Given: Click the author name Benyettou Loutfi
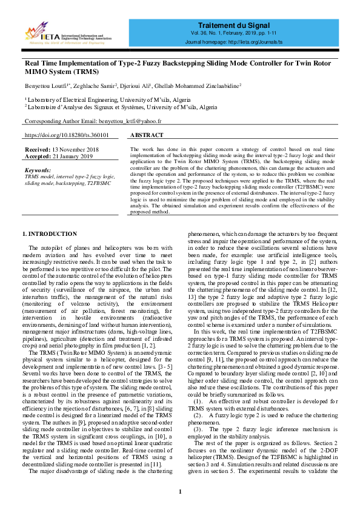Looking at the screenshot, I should click(x=44, y=87).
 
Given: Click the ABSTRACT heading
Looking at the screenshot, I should click(x=147, y=135).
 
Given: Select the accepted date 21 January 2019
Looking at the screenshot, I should click(x=73, y=156).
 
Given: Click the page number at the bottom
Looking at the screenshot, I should click(x=180, y=491).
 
